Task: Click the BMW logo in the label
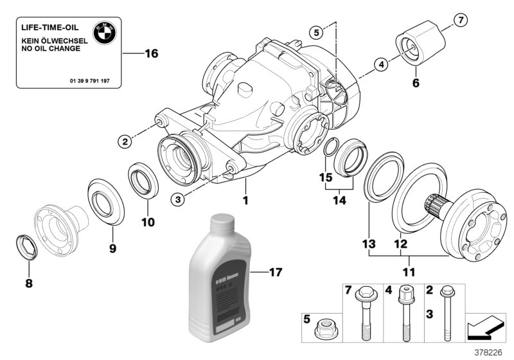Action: point(103,33)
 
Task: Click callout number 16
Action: point(150,53)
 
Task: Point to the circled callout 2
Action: point(125,140)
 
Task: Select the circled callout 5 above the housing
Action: point(315,31)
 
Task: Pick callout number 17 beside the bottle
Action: point(275,272)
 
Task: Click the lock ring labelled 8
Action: point(24,248)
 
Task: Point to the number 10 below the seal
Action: point(148,223)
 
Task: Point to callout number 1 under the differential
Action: point(245,201)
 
